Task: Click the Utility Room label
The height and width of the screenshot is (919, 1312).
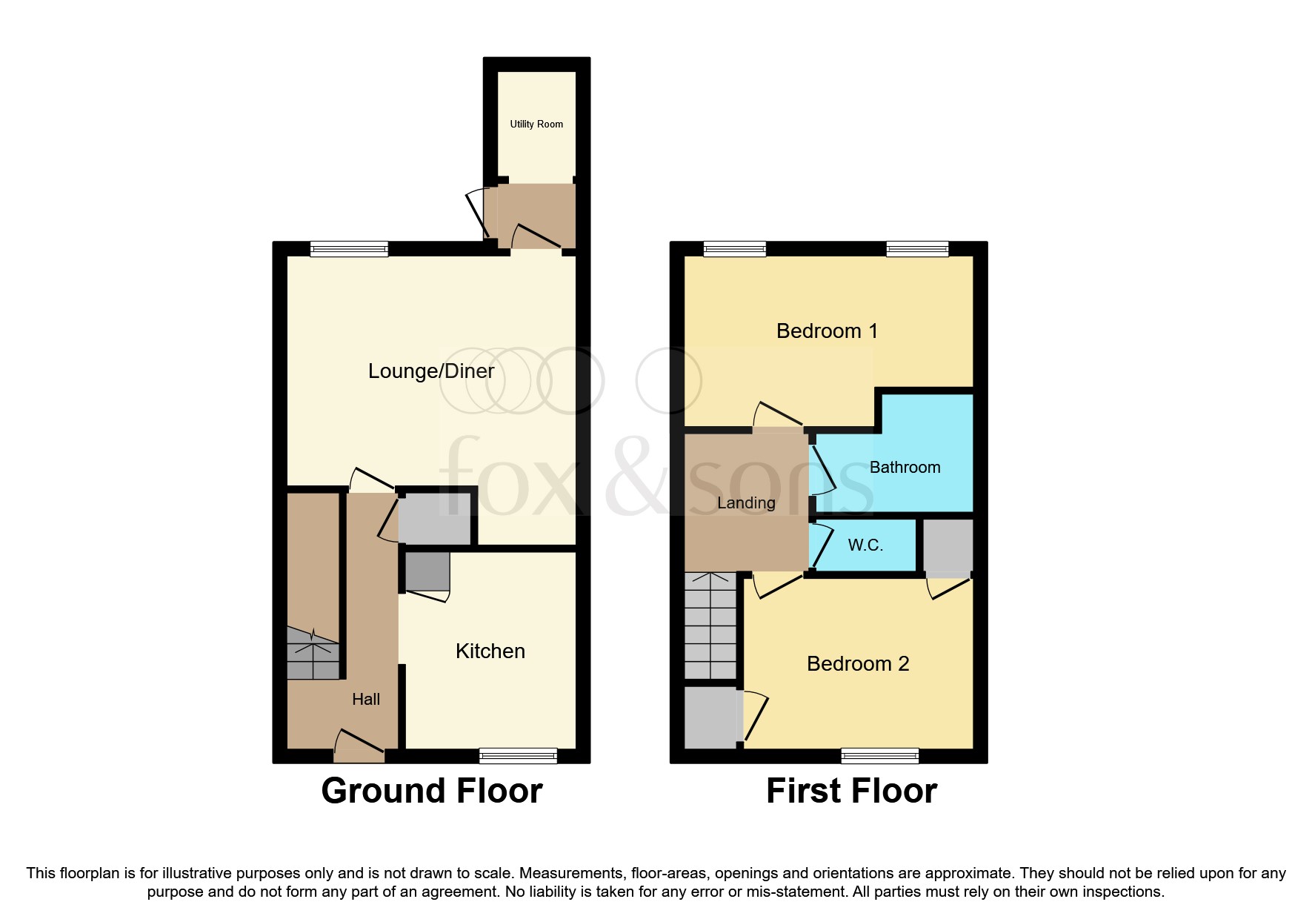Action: (x=536, y=124)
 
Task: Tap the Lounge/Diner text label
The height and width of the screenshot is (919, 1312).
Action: (x=431, y=371)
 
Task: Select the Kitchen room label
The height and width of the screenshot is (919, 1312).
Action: (x=490, y=651)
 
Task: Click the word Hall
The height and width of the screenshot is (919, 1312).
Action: (x=366, y=700)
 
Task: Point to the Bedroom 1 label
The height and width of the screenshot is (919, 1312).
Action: (x=827, y=331)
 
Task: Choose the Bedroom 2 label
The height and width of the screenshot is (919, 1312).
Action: (x=858, y=664)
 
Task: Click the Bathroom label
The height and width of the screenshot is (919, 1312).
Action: (x=905, y=468)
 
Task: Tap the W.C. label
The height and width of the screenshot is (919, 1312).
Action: (x=865, y=545)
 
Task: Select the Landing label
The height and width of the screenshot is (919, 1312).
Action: (x=746, y=503)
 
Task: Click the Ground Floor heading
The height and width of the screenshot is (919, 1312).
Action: (x=432, y=791)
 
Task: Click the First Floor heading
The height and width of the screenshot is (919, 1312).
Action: (x=851, y=791)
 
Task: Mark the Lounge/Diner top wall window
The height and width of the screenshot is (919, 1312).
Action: (x=349, y=250)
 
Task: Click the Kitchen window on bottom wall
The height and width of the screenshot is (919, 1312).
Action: (x=518, y=756)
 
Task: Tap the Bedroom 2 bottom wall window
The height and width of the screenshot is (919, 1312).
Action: (x=880, y=756)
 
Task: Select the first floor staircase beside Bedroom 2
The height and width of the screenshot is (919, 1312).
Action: (x=710, y=626)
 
